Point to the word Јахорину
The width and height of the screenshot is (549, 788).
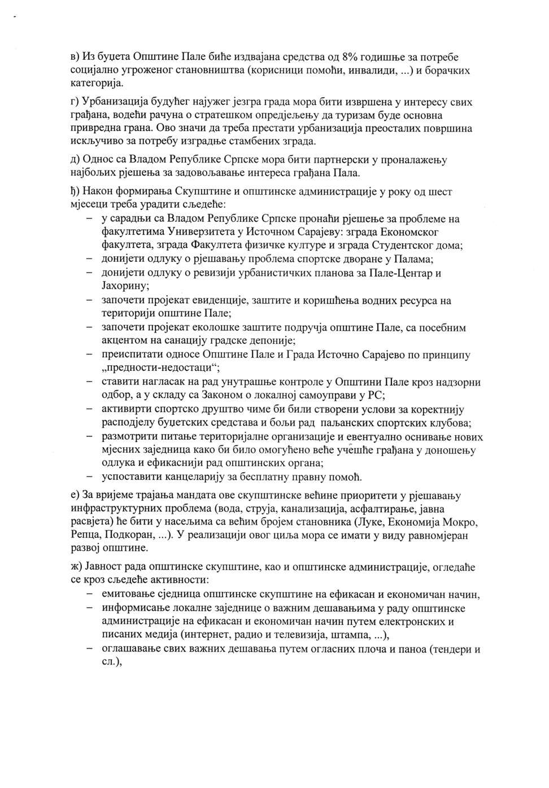(124, 287)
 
